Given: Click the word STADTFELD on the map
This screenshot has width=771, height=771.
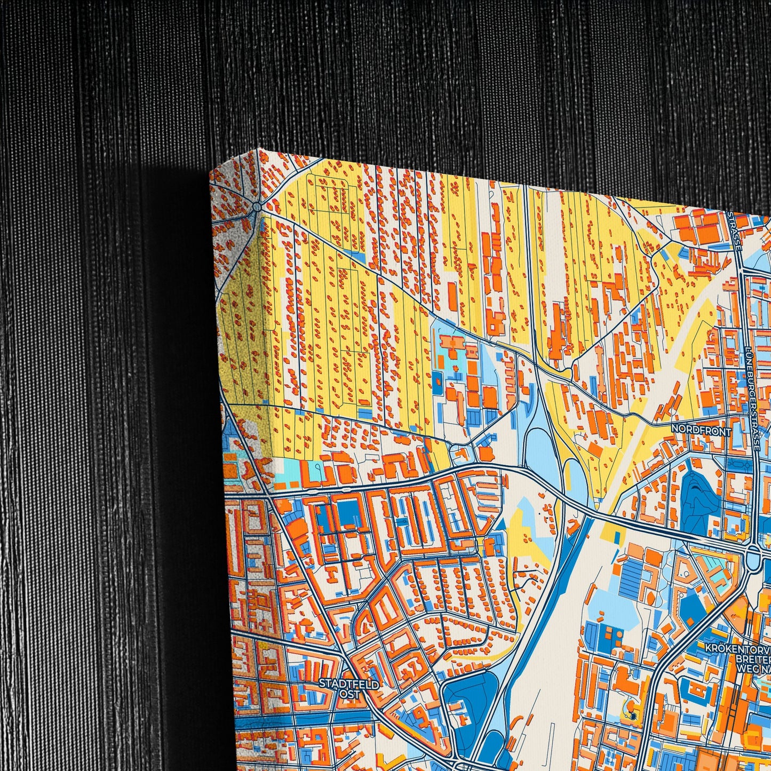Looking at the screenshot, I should (x=349, y=683).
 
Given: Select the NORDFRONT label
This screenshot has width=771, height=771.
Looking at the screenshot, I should (x=701, y=430).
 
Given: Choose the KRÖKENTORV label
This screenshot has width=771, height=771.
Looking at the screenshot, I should (x=738, y=648).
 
